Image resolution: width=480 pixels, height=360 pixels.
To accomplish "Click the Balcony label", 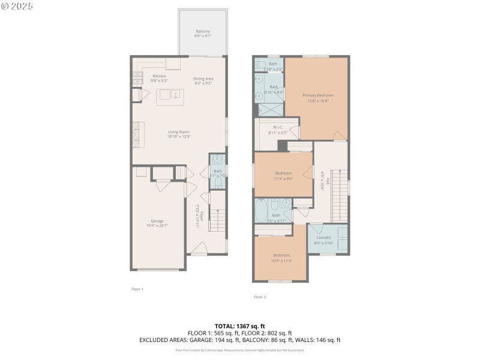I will [x=202, y=34].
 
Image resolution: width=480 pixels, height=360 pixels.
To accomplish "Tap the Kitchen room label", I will [x=159, y=79].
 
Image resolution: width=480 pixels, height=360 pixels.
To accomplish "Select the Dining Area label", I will [x=203, y=81].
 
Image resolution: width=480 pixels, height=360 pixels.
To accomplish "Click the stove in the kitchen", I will [x=136, y=79].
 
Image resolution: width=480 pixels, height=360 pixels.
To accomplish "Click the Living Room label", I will [x=179, y=134].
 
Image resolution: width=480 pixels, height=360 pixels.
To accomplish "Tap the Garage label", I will [x=157, y=223].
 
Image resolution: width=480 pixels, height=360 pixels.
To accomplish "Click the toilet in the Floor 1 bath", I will [x=217, y=160].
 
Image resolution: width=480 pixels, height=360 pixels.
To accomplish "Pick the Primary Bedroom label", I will [x=317, y=98].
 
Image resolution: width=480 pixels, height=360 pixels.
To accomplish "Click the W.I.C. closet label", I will [x=277, y=129].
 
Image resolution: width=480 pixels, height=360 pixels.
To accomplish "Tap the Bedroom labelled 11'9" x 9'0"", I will [x=283, y=175].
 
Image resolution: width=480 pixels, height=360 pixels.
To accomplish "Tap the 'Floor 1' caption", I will [x=137, y=289].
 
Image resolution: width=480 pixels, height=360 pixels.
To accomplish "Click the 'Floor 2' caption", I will [x=259, y=297].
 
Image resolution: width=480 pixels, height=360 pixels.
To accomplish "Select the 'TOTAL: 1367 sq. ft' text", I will [x=239, y=326].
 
